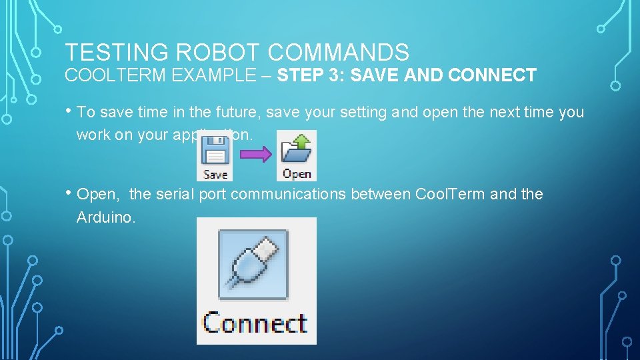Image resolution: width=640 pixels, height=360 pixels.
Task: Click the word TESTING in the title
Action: click(x=107, y=52)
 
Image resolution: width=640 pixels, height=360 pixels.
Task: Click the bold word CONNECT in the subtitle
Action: click(x=492, y=75)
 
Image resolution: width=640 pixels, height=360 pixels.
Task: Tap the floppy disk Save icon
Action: click(x=215, y=151)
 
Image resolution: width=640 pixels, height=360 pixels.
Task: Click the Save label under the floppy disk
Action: click(x=215, y=174)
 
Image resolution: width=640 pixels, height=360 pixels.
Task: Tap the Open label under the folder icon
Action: click(x=297, y=174)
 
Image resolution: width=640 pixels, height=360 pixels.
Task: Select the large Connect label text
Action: click(x=255, y=323)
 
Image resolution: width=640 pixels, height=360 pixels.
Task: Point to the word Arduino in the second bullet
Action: click(x=106, y=217)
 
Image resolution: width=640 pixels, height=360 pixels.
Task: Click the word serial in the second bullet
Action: click(x=175, y=195)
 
